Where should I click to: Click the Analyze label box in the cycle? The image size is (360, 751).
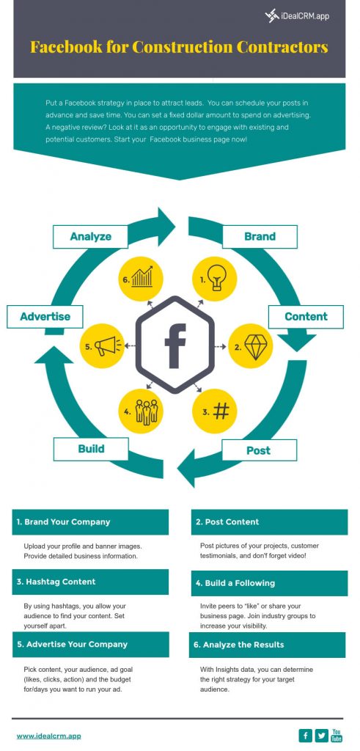coord(91,236)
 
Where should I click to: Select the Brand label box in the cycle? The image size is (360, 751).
coord(260,236)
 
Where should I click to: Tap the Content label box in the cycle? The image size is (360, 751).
coord(306,316)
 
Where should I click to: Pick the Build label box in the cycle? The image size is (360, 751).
coord(91,448)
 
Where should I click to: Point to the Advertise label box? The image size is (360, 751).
coord(45,316)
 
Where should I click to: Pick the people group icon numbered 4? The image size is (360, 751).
coord(146,411)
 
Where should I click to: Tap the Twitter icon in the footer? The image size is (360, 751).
coord(320,736)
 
